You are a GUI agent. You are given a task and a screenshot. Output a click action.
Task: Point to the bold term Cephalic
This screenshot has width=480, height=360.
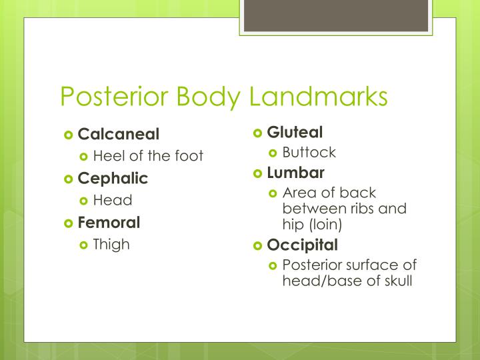[113, 178]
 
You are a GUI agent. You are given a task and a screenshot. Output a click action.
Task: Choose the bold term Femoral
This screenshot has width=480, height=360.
[109, 222]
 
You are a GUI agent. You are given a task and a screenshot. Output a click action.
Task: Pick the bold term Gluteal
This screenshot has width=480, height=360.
[295, 131]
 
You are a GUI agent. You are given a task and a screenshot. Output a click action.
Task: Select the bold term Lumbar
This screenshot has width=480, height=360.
[295, 173]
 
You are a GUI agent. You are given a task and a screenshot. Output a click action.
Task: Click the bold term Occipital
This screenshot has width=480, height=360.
[302, 245]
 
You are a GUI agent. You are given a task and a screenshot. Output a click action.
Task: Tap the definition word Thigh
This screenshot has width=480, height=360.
[111, 244]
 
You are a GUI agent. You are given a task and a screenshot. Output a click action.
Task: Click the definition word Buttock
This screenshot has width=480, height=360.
[309, 152]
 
